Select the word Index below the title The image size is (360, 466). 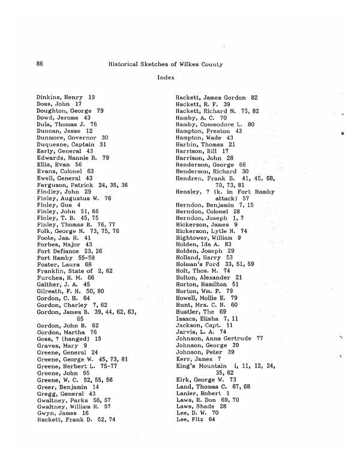tap(165, 77)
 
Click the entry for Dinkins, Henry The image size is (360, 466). tap(65, 97)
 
